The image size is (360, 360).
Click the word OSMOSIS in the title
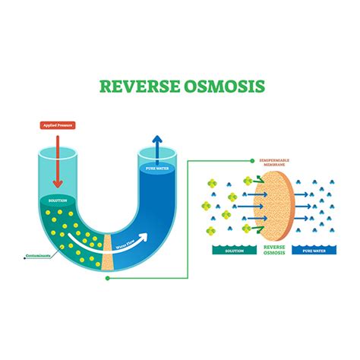tap(225, 86)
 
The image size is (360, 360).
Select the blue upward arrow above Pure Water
tap(156, 145)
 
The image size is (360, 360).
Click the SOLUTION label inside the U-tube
tap(58, 201)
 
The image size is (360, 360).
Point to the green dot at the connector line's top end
tap(251, 161)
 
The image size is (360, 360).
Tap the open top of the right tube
tap(156, 154)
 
